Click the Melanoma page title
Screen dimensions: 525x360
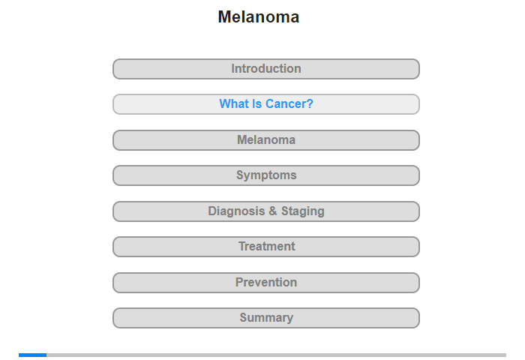(259, 16)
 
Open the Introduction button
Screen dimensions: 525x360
(266, 69)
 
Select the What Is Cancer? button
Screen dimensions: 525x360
(266, 104)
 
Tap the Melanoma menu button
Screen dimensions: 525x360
(266, 140)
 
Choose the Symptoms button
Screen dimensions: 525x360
(266, 175)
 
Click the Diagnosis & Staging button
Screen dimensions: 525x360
(266, 211)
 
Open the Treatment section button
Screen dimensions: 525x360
(266, 247)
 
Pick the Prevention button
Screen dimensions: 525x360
(266, 283)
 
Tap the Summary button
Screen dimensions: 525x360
(266, 318)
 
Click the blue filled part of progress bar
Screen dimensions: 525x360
(32, 355)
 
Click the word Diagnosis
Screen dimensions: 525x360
(236, 211)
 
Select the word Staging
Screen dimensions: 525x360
(303, 211)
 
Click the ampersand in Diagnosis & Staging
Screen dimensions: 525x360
(273, 211)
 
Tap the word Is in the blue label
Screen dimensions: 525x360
(257, 103)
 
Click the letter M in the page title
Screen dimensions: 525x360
(225, 16)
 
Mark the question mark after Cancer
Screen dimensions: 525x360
(310, 103)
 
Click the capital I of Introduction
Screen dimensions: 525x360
(233, 69)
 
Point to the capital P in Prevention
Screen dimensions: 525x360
(239, 282)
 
